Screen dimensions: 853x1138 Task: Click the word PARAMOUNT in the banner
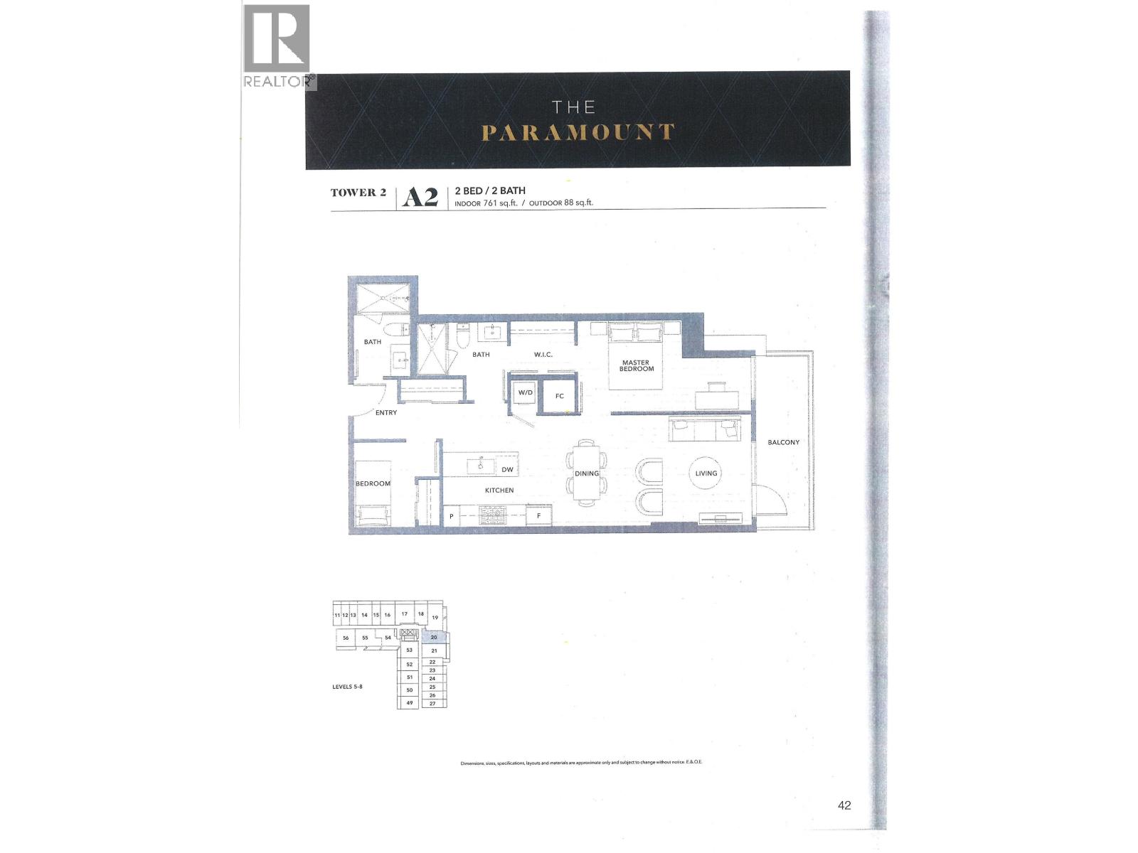[578, 132]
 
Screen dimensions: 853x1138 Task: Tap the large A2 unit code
[420, 197]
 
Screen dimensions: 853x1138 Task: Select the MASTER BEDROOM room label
[636, 365]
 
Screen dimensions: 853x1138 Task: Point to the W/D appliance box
[525, 393]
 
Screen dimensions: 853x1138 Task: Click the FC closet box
[559, 396]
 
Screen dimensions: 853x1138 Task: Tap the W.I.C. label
[543, 354]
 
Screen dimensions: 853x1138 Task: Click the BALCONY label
[783, 442]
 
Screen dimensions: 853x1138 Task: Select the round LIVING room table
[706, 473]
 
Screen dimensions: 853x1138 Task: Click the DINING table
[587, 473]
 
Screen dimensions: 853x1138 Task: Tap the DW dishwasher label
[507, 470]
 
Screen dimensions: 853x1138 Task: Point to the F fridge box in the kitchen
[538, 516]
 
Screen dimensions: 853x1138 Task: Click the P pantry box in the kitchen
[451, 517]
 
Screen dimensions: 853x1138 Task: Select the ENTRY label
[386, 412]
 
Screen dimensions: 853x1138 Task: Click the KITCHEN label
[499, 490]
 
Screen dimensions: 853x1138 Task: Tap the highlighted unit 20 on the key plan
[434, 638]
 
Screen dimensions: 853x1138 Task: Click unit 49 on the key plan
[409, 703]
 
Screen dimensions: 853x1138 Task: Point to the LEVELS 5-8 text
[348, 687]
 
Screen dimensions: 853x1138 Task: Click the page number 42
[844, 805]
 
